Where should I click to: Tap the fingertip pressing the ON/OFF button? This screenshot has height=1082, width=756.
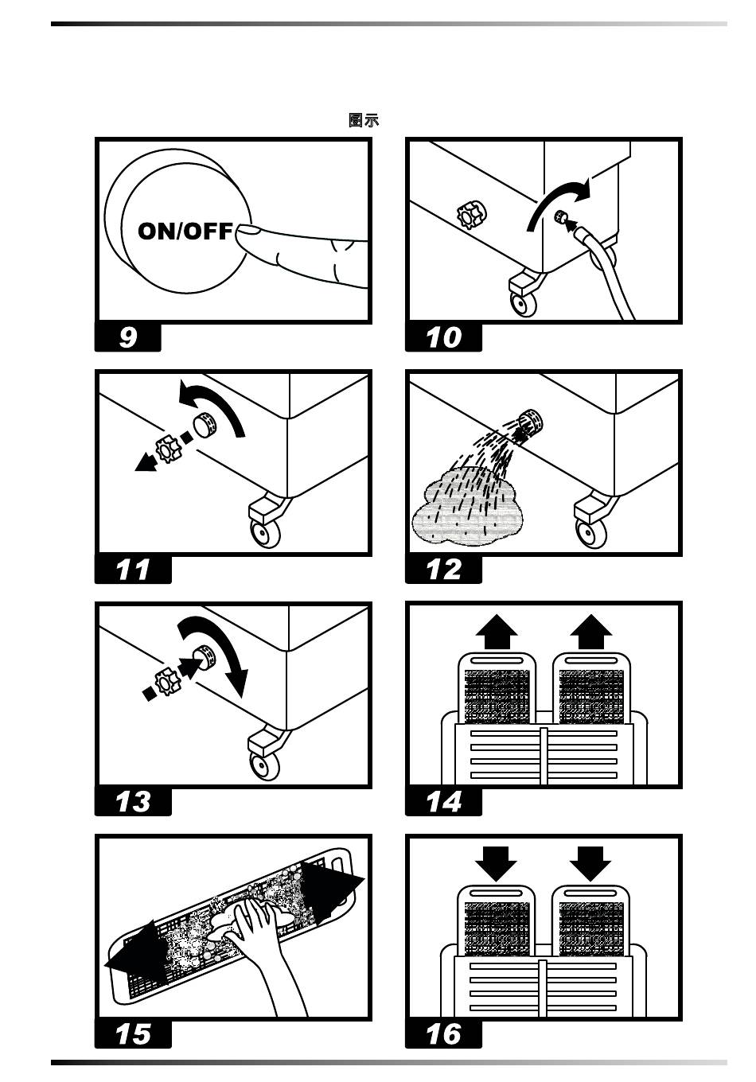coord(248,232)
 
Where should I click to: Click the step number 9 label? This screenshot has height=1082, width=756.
coord(128,337)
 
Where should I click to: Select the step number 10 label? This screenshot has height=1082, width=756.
coord(443,337)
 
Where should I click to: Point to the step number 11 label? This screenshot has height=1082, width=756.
coord(133,570)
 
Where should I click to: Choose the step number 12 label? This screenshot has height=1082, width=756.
coord(443,570)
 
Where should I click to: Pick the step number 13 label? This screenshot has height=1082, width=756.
coord(133,801)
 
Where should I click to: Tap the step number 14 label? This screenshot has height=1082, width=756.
coord(443,801)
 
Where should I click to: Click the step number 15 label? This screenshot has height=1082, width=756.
coord(133,1033)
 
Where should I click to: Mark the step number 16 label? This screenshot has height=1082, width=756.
coord(443,1033)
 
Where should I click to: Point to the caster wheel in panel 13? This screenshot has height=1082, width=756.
coord(260,765)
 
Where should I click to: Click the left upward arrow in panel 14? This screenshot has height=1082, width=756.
coord(497,633)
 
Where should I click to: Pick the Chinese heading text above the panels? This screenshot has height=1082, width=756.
coord(364,120)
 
